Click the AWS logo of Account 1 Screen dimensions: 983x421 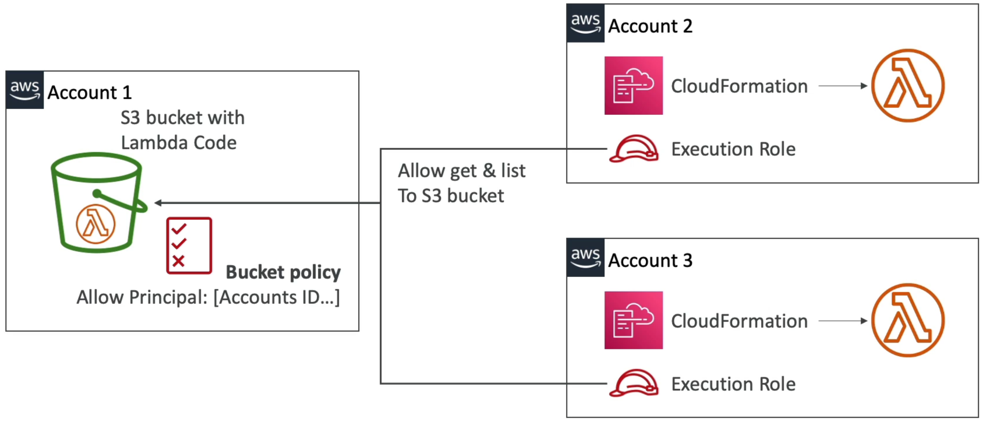coord(24,90)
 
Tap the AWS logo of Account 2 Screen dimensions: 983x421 coord(585,23)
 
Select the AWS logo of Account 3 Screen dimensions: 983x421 coord(585,258)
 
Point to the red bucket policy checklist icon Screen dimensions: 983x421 coord(189,245)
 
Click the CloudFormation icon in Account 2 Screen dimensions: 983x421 coord(634,85)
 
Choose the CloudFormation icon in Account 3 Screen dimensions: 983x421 coord(634,320)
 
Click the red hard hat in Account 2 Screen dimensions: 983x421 coord(634,149)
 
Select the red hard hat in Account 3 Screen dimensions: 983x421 coord(634,384)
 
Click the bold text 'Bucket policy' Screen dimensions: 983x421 coord(283,272)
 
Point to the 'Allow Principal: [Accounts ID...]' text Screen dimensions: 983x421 coord(208,297)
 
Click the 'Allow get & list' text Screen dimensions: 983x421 coord(462,170)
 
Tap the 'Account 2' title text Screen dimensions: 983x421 coord(650,26)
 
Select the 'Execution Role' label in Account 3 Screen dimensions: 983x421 coord(733,384)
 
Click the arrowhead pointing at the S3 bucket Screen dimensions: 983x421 coord(158,202)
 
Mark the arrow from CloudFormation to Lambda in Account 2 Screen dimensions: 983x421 coord(843,86)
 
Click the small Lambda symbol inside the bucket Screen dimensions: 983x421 coord(96,224)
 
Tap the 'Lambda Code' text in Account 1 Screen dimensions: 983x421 coord(179,143)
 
